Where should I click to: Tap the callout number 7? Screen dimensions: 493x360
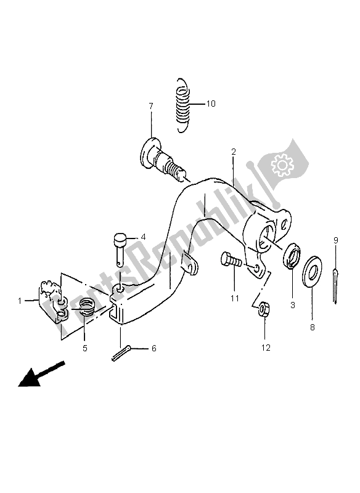[x=150, y=107]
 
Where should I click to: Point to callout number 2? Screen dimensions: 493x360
[x=234, y=151]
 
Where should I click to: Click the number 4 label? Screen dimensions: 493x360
[x=142, y=236]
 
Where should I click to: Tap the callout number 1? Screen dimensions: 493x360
[x=20, y=301]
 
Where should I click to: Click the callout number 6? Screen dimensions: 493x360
[x=153, y=349]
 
